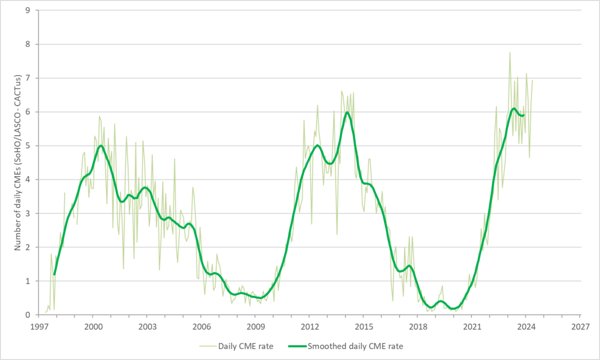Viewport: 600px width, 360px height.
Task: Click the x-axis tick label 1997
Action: [x=39, y=325]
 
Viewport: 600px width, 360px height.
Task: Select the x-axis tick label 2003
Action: [x=147, y=325]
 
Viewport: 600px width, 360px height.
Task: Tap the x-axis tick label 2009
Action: [x=255, y=325]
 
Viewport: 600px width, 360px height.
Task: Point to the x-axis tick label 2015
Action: [x=364, y=325]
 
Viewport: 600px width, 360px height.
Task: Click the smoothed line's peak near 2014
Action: [x=347, y=113]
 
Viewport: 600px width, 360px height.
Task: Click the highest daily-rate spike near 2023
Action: [x=510, y=52]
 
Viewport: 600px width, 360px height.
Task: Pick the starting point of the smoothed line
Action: [x=54, y=274]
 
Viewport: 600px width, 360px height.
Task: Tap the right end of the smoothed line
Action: [x=524, y=115]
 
